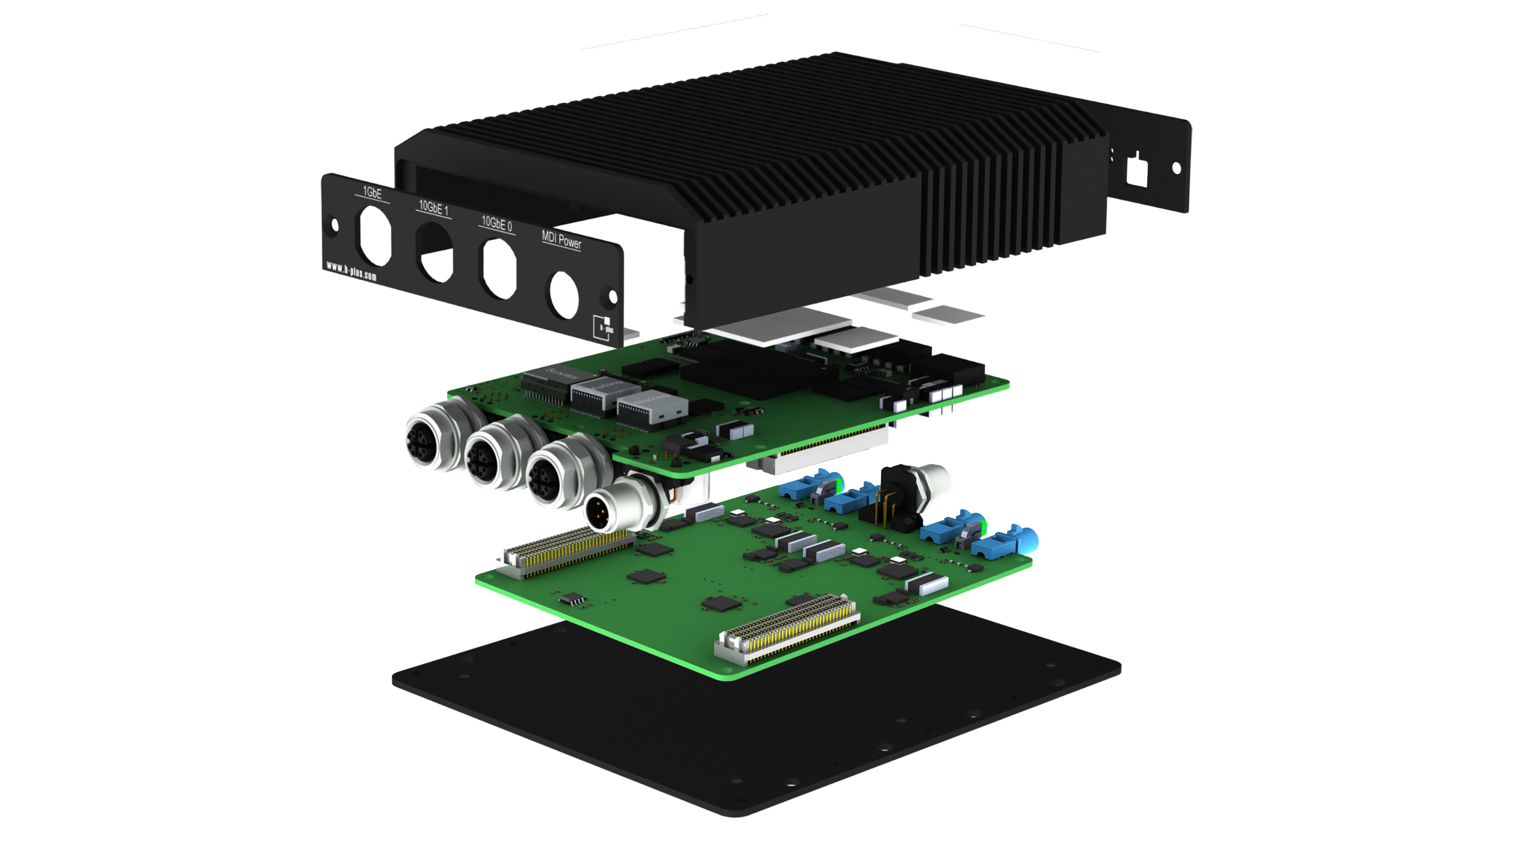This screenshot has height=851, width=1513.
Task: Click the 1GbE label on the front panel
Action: coord(372,192)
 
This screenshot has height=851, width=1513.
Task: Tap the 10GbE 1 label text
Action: coord(433,208)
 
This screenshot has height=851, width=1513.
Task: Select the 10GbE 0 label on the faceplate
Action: coord(496,224)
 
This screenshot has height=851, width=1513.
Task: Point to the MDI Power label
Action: coord(561,240)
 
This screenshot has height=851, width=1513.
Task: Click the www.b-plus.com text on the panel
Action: coord(351,271)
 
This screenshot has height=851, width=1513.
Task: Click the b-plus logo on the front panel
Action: coord(603,327)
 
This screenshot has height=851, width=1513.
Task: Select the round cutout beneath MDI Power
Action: coord(563,295)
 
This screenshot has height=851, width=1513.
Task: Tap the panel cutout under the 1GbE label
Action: coord(375,236)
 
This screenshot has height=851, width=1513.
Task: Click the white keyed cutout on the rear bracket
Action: coord(1137,170)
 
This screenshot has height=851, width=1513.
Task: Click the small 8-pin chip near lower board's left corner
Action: coord(572,599)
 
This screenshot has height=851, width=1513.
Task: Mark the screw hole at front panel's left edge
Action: coord(335,225)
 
